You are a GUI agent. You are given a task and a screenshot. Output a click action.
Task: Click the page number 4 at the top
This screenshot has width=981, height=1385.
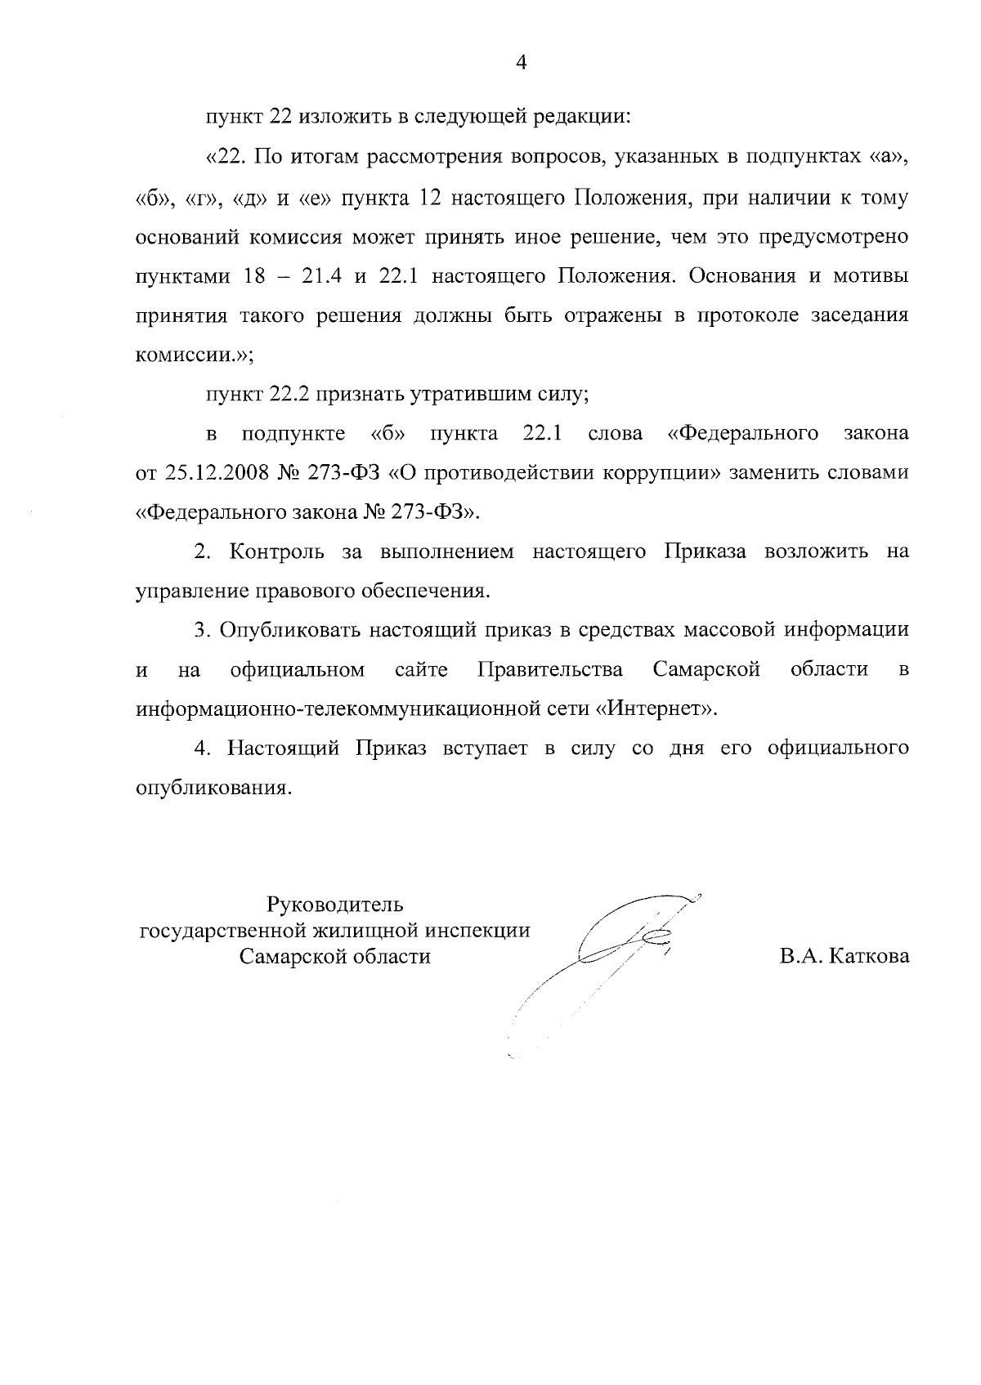[522, 63]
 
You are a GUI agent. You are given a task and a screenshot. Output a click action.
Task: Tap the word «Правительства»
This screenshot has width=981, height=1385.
[550, 671]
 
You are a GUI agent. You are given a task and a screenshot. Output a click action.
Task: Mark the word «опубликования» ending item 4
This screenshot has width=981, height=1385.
[212, 789]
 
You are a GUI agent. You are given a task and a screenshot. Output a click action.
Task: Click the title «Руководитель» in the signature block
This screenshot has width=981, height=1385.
[335, 905]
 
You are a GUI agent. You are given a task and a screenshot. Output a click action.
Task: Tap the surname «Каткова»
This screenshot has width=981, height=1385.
[868, 957]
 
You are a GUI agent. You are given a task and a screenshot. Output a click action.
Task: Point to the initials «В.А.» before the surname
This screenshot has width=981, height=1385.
[801, 957]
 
